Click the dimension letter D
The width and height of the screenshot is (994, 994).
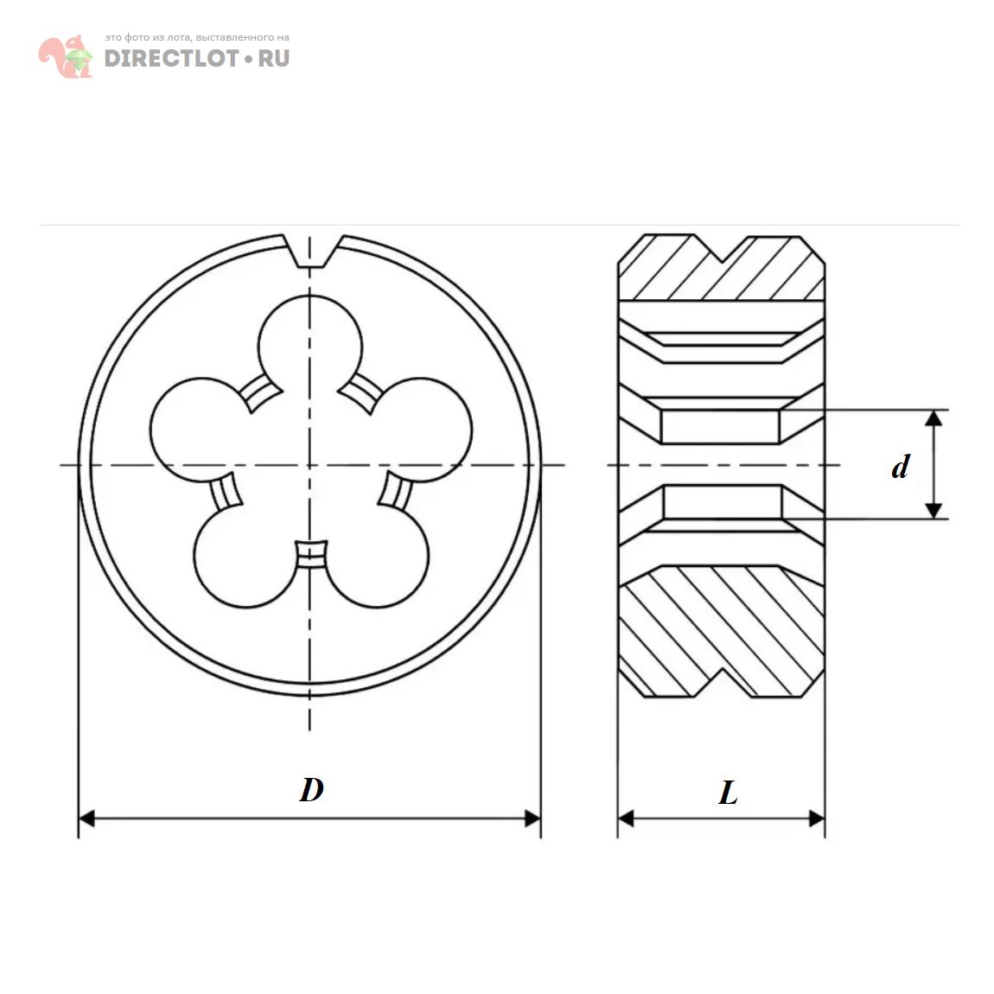click(x=311, y=789)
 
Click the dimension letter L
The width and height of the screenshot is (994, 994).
click(x=728, y=793)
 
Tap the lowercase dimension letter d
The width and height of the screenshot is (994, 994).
click(x=901, y=467)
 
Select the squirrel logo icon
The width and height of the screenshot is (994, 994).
click(x=66, y=57)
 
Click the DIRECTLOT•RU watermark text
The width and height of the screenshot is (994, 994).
click(x=197, y=58)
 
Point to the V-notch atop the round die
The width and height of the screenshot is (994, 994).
click(x=311, y=252)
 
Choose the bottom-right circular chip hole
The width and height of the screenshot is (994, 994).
click(x=380, y=560)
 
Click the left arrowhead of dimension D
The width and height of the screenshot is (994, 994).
click(x=86, y=818)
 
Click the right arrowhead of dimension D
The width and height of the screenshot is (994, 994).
click(x=533, y=818)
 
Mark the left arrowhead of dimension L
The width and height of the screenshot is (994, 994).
click(x=626, y=818)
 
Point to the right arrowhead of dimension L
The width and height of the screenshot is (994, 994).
click(x=817, y=818)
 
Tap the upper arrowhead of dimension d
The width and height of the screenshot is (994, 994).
click(x=933, y=419)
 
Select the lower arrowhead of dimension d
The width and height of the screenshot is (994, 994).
click(x=933, y=510)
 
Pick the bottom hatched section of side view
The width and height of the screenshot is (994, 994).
click(x=722, y=631)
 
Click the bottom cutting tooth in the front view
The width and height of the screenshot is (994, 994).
click(x=310, y=554)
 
